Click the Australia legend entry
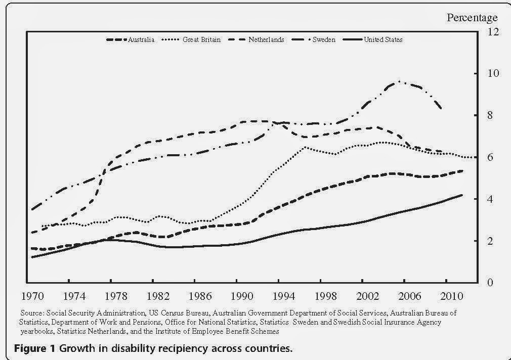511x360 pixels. point(131,39)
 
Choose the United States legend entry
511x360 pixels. point(376,39)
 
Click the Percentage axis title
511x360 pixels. point(472,18)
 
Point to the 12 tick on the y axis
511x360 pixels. point(491,31)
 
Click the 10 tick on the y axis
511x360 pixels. point(491,73)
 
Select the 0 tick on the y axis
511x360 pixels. point(488,282)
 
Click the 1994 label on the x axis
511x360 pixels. point(279,295)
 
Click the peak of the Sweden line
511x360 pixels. point(399,81)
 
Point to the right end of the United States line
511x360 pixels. point(461,195)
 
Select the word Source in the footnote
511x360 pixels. point(33,313)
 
